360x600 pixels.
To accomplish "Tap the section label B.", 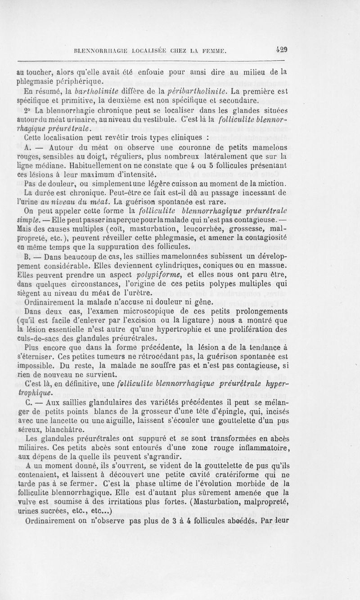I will [x=27, y=258].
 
